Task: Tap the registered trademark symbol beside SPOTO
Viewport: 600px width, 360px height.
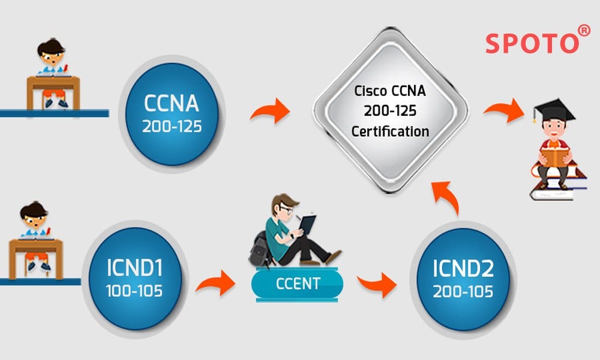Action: click(x=584, y=30)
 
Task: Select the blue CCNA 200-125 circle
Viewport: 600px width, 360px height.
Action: click(x=171, y=114)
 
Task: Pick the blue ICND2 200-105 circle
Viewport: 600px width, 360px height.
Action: click(x=463, y=280)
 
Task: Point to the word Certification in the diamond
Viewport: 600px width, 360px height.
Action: click(x=390, y=131)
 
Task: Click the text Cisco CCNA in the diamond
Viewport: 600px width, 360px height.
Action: click(x=390, y=91)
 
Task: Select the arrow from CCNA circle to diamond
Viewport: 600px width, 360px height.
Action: click(x=269, y=112)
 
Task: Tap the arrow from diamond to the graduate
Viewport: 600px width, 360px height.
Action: click(x=503, y=112)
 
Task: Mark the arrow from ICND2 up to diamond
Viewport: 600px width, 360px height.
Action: click(x=447, y=199)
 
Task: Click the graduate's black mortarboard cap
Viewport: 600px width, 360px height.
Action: click(x=554, y=111)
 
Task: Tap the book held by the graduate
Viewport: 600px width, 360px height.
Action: click(x=554, y=157)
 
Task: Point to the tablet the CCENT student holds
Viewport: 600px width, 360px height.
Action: click(x=307, y=224)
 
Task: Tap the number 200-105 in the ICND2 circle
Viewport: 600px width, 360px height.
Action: click(x=463, y=292)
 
